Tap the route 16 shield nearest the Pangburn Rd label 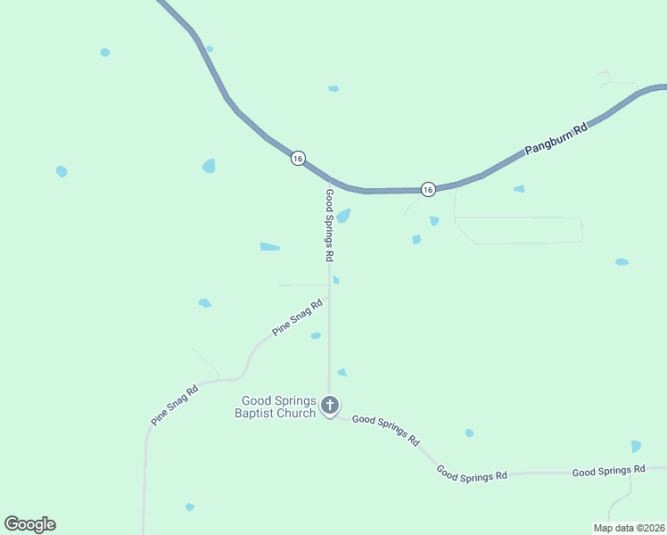point(428,189)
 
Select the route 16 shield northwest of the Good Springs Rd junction point(298,158)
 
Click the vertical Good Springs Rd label point(329,225)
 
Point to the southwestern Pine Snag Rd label point(173,404)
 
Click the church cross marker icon point(330,406)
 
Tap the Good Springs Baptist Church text point(276,407)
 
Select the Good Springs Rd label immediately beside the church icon point(385,430)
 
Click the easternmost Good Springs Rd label point(608,471)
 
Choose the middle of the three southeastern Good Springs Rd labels point(472,473)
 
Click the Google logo point(29,524)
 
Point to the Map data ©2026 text point(629,528)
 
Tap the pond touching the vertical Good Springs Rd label point(342,216)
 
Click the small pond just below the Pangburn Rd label point(519,189)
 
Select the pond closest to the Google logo point(189,506)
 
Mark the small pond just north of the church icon point(342,372)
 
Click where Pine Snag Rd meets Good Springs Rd point(329,299)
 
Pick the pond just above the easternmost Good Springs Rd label point(636,446)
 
